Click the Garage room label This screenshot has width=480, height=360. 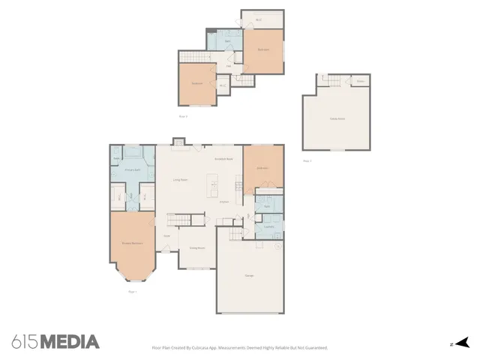tap(248, 276)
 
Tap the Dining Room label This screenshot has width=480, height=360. tap(197, 248)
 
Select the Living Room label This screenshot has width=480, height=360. tap(180, 180)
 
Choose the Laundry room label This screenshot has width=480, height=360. tap(268, 226)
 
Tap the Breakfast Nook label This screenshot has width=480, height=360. tap(223, 160)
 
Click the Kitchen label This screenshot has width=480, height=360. tap(223, 202)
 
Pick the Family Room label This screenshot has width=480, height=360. tap(337, 118)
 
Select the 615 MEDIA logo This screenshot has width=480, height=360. tap(55, 342)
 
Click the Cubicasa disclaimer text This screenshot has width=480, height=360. tap(239, 348)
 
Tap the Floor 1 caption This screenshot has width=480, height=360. tap(133, 291)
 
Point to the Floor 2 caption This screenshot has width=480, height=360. tap(182, 116)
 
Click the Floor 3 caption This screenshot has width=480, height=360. tap(307, 160)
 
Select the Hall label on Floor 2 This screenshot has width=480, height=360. tap(228, 66)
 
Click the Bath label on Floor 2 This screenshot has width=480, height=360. tap(226, 40)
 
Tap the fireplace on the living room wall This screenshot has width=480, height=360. tap(178, 142)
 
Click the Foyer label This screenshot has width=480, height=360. tap(166, 237)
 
